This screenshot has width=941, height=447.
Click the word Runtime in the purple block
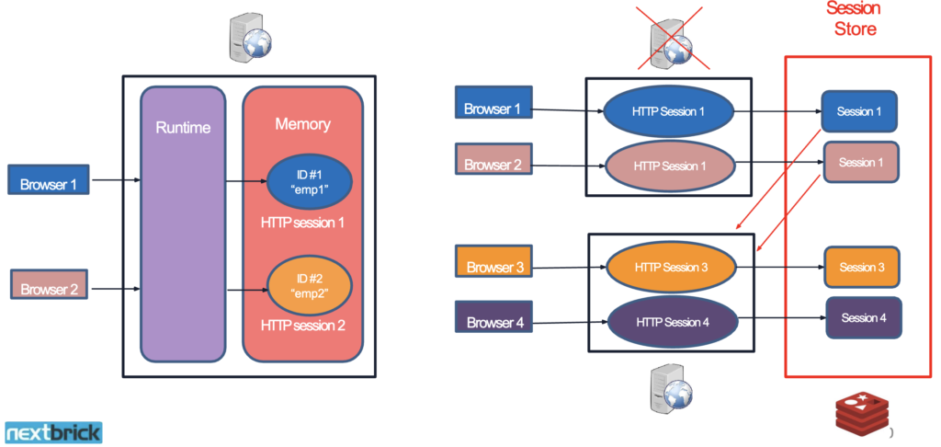[x=182, y=128]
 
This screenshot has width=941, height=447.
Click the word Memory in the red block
[x=302, y=123]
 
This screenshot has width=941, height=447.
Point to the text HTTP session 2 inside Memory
[x=302, y=326]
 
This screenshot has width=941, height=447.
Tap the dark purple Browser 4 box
[x=494, y=322]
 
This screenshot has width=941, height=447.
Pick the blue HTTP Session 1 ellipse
[x=668, y=112]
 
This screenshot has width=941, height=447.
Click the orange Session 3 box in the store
[x=861, y=267]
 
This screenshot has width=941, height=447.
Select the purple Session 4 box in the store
[x=863, y=318]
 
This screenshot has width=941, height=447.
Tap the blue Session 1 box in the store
[x=858, y=111]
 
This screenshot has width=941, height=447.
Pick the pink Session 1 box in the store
[x=860, y=162]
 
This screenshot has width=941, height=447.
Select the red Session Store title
[x=852, y=18]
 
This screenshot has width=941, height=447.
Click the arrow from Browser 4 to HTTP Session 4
[x=568, y=321]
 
